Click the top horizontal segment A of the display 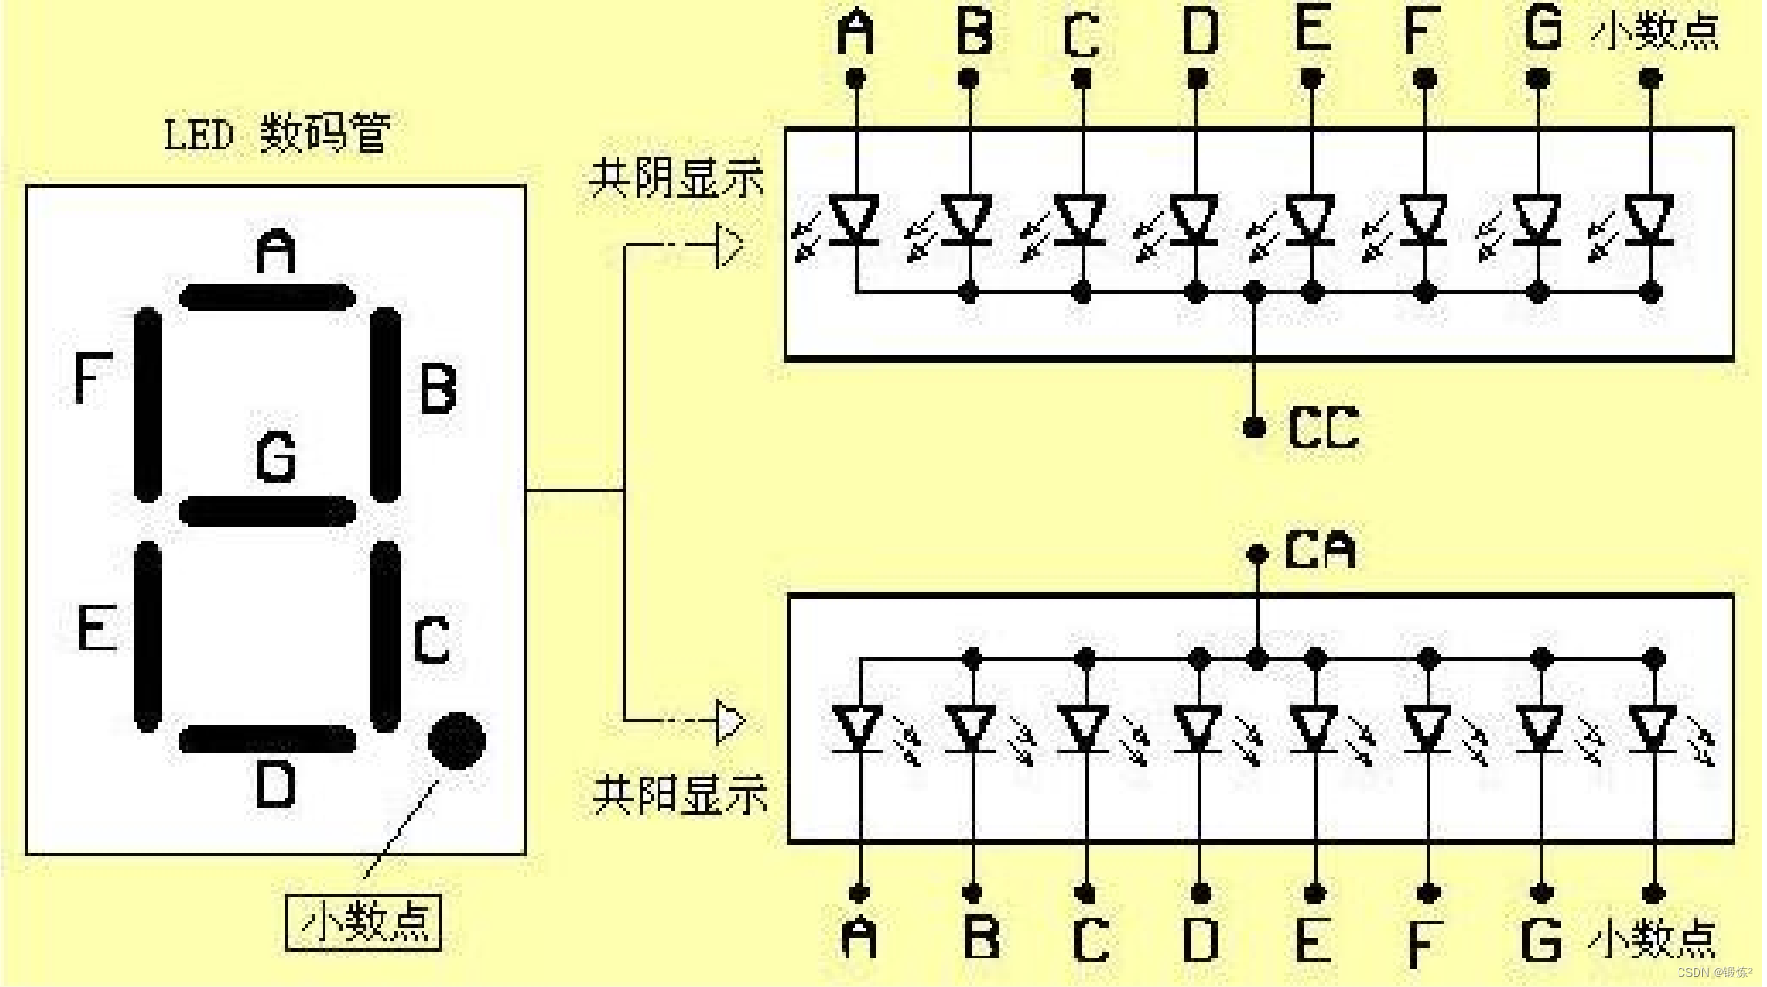267,298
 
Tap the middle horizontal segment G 267,511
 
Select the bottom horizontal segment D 267,740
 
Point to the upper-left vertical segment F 148,405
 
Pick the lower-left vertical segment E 148,636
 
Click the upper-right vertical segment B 384,405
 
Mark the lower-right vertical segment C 384,636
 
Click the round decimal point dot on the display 458,740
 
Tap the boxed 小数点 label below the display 363,921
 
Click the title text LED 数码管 277,134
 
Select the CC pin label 1324,428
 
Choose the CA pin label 1320,550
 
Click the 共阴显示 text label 677,178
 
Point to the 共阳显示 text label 679,794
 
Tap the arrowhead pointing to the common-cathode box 730,246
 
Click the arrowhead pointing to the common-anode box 730,721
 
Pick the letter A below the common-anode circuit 860,937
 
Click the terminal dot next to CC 1255,427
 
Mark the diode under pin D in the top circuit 1196,220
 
